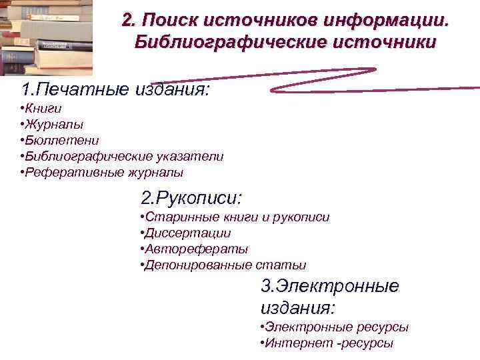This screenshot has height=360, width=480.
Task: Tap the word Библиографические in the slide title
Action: (x=214, y=43)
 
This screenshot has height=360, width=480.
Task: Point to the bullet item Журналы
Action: (x=52, y=124)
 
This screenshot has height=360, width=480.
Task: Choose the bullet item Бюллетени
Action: (x=59, y=140)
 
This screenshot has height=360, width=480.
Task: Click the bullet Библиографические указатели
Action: (x=122, y=156)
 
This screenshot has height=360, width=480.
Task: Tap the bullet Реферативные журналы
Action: (x=101, y=172)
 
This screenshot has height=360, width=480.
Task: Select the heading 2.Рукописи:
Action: (x=191, y=197)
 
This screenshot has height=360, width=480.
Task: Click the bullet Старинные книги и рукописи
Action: (x=235, y=217)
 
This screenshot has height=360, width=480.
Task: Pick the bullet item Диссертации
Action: (x=187, y=233)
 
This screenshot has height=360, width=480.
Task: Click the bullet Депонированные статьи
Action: (x=224, y=265)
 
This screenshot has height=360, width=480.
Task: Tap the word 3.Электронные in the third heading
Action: (x=329, y=287)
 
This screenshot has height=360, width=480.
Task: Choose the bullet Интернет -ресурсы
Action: (x=326, y=343)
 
